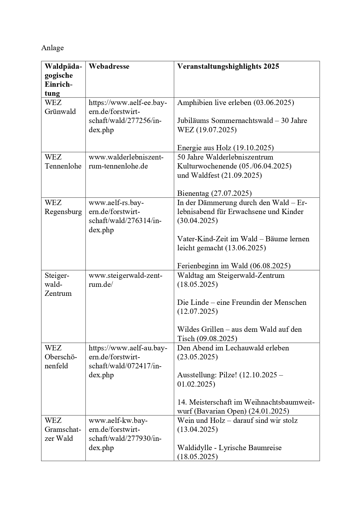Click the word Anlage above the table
click(53, 48)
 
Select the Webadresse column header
click(109, 66)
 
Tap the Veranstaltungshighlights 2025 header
click(228, 66)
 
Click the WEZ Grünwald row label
click(60, 107)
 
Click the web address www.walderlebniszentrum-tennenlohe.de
click(126, 162)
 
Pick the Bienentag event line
click(214, 193)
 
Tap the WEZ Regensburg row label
click(63, 207)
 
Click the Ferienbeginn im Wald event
click(234, 266)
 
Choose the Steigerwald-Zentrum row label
click(58, 284)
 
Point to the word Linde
click(198, 302)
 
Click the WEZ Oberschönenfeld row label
click(61, 357)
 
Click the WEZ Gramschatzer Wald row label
click(63, 429)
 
